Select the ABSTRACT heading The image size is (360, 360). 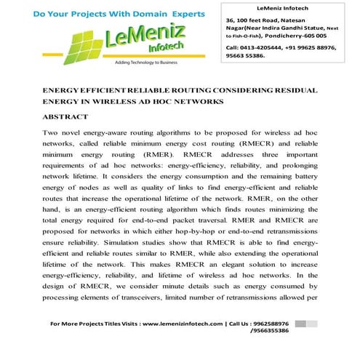65,116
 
